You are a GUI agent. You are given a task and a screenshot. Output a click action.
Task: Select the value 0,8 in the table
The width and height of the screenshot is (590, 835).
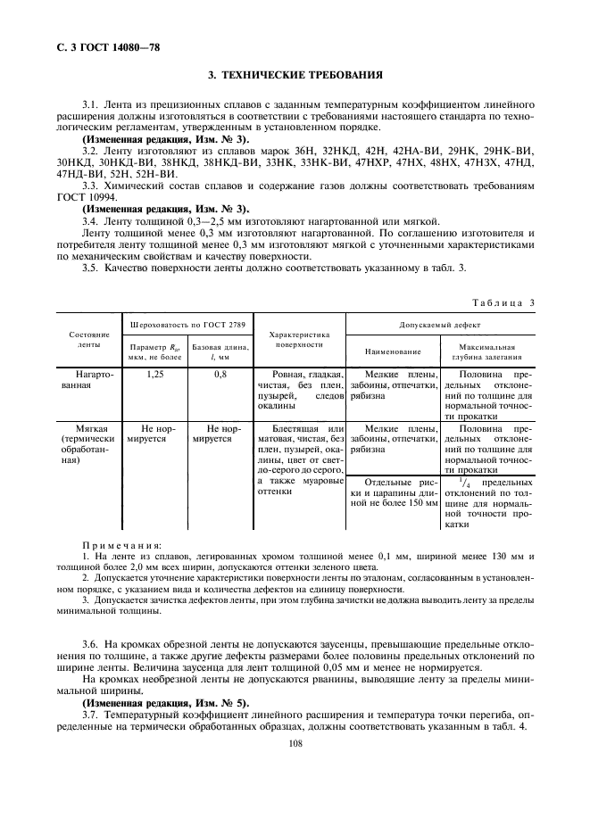click(220, 375)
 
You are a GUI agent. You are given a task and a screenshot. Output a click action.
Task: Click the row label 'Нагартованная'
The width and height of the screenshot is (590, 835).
click(87, 381)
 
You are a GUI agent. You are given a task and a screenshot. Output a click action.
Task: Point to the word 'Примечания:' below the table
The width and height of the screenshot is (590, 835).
click(121, 543)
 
